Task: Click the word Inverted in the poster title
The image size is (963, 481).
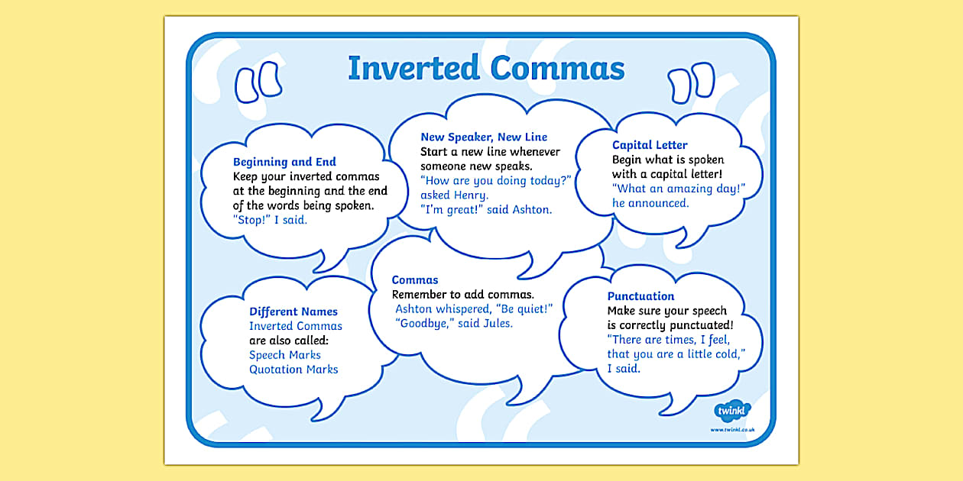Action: [413, 68]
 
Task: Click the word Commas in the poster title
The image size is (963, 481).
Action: [557, 68]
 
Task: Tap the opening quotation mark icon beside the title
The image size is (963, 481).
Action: [258, 82]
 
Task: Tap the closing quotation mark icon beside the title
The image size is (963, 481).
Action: [691, 83]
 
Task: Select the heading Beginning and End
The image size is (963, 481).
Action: [284, 162]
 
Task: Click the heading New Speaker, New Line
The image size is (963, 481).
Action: [484, 137]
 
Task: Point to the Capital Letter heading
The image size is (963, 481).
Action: [650, 145]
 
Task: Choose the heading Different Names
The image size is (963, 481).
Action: [293, 312]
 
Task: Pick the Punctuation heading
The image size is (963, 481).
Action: [640, 296]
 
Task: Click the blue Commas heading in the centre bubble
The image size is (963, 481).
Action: [415, 280]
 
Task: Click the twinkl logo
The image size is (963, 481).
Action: [731, 411]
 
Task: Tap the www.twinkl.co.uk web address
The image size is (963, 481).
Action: [732, 429]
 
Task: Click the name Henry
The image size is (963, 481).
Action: [471, 195]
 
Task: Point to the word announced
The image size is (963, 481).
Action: [658, 203]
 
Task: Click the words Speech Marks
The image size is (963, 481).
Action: [284, 355]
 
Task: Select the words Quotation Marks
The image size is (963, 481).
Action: [293, 370]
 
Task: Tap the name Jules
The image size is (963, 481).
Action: [498, 324]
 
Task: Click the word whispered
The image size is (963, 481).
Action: [463, 309]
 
